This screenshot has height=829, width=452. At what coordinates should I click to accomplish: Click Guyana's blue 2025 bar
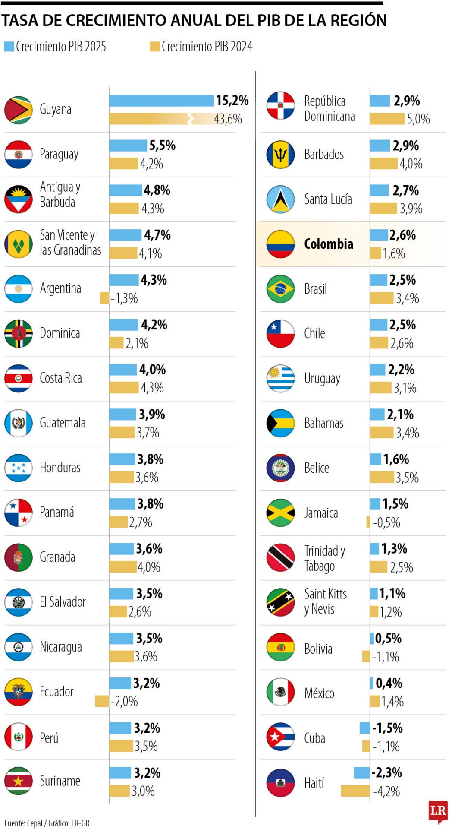(x=161, y=101)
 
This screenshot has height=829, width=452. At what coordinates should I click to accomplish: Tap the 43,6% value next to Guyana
(x=228, y=119)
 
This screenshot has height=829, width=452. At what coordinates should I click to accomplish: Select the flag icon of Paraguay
(x=19, y=154)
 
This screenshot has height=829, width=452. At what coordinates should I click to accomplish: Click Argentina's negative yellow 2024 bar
(x=104, y=298)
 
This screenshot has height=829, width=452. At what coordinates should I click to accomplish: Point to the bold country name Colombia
(x=328, y=244)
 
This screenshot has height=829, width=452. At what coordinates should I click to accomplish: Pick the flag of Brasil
(x=280, y=289)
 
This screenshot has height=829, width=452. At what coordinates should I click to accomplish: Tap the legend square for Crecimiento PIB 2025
(x=9, y=47)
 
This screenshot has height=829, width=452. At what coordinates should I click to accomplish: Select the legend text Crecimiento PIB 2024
(x=207, y=47)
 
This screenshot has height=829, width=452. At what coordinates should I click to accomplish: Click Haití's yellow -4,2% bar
(x=355, y=791)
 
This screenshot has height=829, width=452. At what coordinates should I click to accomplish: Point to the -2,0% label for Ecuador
(x=124, y=701)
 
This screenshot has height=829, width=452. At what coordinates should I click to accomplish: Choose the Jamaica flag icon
(x=280, y=513)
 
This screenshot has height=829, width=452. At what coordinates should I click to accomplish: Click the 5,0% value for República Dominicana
(x=418, y=119)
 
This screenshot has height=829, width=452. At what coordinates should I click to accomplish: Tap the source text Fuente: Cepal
(x=24, y=823)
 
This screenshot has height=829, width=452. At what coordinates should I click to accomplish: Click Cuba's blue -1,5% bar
(x=364, y=728)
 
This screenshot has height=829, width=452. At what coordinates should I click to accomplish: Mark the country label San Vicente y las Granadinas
(x=70, y=243)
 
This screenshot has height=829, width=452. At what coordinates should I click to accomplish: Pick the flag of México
(x=280, y=692)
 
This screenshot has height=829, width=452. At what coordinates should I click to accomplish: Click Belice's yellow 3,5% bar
(x=382, y=477)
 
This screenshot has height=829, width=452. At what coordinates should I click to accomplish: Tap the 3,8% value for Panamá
(x=150, y=504)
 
